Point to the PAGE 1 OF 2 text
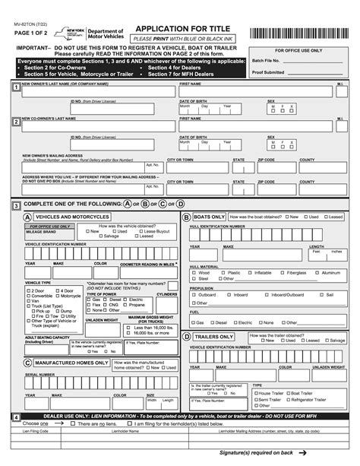pyautogui.click(x=30, y=34)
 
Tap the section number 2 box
pyautogui.click(x=17, y=122)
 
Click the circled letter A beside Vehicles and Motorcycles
pyautogui.click(x=28, y=217)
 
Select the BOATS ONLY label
pyautogui.click(x=209, y=217)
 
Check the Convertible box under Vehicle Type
pyautogui.click(x=28, y=296)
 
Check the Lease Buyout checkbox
pyautogui.click(x=136, y=231)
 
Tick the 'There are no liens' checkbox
pyautogui.click(x=52, y=424)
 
